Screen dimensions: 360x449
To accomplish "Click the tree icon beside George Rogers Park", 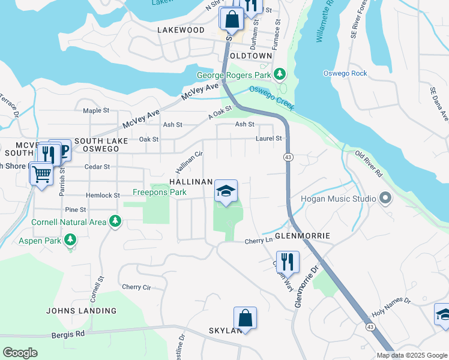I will [x=279, y=74].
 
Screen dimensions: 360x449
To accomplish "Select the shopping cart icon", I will [x=41, y=175].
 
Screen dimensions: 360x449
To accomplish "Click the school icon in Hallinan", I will [x=226, y=191].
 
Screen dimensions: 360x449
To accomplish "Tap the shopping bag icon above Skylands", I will [x=245, y=318].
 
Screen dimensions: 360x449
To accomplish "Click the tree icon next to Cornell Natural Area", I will [x=114, y=222].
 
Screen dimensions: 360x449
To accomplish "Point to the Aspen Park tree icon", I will [x=70, y=240].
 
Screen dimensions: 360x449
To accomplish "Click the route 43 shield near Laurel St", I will [x=289, y=157].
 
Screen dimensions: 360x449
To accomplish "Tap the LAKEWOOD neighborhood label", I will [x=181, y=29].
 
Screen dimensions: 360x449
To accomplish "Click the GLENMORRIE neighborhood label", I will [x=303, y=236].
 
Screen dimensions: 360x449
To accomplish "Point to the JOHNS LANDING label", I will [x=82, y=311].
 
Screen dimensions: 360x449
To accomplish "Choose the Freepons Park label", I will [x=160, y=193].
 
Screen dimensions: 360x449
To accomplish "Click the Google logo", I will [x=20, y=352].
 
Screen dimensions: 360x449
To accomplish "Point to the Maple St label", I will [x=96, y=110].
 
